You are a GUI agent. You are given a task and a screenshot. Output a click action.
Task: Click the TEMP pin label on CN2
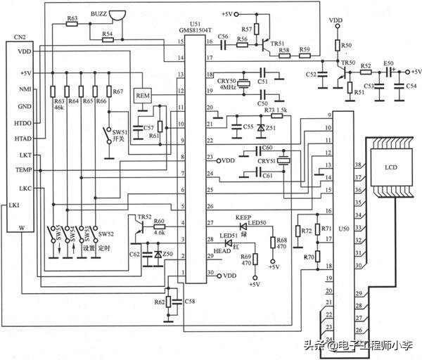[x=23, y=170]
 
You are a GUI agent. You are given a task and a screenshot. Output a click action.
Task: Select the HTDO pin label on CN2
[x=23, y=122]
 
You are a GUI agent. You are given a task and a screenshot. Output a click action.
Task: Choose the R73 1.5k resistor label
[x=276, y=110]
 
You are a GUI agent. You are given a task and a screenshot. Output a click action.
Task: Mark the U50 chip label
[x=344, y=229]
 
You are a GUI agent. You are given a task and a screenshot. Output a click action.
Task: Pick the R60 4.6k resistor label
[x=159, y=225]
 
